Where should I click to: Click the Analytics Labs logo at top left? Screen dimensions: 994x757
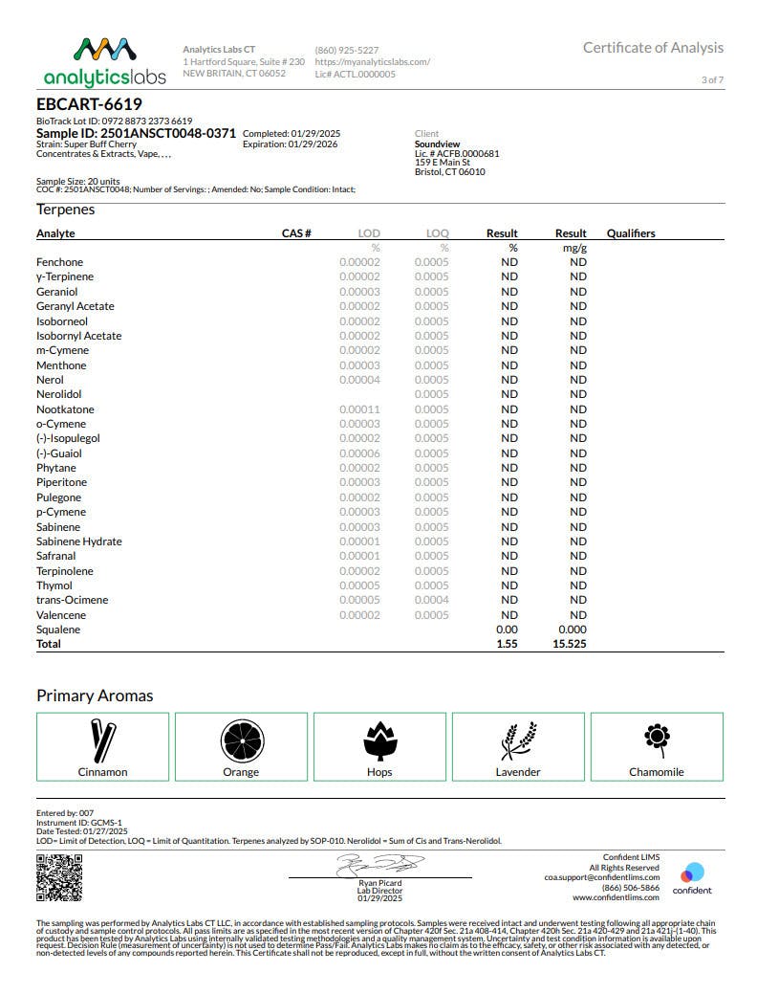(x=104, y=61)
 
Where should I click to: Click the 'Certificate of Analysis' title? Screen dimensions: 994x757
(x=653, y=48)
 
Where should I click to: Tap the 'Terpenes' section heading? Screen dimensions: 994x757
(x=66, y=210)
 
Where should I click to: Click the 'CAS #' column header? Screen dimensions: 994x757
(x=296, y=233)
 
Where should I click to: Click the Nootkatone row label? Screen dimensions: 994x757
(x=65, y=409)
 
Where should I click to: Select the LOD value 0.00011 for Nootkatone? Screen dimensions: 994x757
(x=359, y=409)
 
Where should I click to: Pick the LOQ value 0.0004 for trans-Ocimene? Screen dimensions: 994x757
(x=431, y=600)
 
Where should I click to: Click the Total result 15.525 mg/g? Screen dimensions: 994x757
(x=571, y=644)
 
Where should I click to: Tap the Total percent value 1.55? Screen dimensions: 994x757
(x=507, y=644)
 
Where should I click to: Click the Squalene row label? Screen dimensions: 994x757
(x=58, y=630)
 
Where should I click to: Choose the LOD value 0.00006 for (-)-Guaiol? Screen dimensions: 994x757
(x=359, y=453)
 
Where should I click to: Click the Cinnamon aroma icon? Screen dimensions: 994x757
(x=102, y=740)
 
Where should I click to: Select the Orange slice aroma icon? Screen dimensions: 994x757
(x=241, y=740)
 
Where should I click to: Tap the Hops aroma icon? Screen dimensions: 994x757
(x=379, y=740)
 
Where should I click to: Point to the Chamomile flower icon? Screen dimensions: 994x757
(x=657, y=738)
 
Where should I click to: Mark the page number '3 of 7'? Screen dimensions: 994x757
(x=712, y=79)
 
